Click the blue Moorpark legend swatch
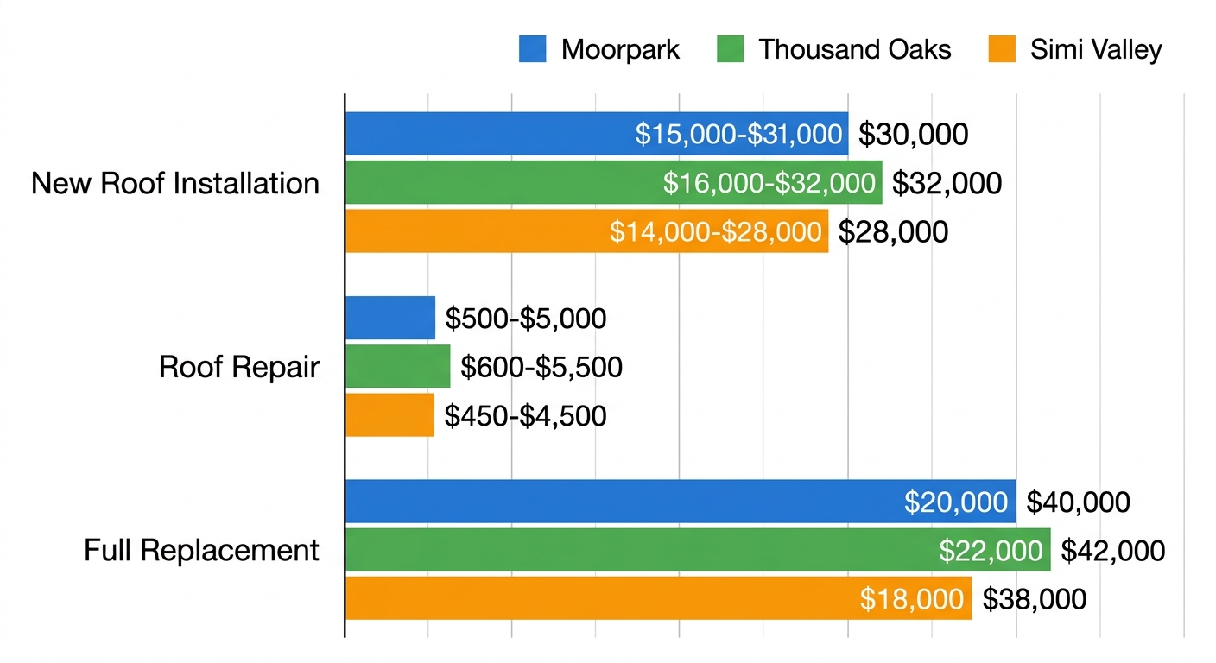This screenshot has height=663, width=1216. tap(532, 49)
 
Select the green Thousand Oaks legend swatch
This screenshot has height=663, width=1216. tap(730, 49)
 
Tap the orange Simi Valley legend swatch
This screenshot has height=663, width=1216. tap(1000, 49)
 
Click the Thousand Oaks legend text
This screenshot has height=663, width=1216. tap(854, 49)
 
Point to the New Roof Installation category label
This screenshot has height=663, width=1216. tap(175, 184)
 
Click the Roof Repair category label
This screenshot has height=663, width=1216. tap(239, 367)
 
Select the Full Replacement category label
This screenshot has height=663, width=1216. tap(201, 550)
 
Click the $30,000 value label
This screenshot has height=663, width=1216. tap(913, 135)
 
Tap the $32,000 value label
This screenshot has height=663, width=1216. tap(947, 183)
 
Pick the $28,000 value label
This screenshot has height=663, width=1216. tap(893, 231)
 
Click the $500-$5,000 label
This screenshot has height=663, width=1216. tap(526, 319)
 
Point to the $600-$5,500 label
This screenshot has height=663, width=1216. tap(541, 367)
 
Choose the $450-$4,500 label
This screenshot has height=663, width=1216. tap(525, 416)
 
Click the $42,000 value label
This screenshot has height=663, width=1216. tap(1112, 551)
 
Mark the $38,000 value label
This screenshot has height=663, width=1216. tap(1034, 599)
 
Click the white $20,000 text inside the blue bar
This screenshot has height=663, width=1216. tap(955, 502)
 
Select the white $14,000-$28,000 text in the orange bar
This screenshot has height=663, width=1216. tap(715, 231)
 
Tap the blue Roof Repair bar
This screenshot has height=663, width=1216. tap(389, 318)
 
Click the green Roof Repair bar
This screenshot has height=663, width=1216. tap(397, 367)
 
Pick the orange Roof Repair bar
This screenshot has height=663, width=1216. tap(389, 415)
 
